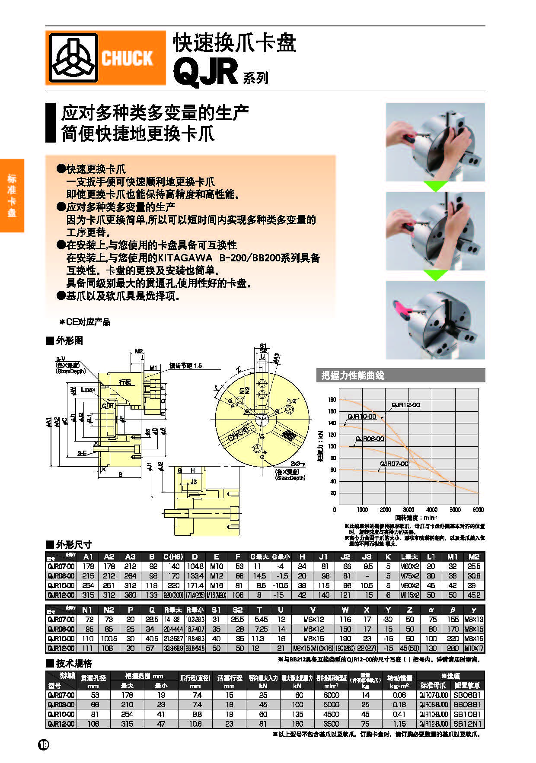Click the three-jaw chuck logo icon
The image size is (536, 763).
coord(73,58)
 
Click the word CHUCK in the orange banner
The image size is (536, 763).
coord(127,58)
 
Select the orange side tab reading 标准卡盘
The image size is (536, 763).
coord(12,195)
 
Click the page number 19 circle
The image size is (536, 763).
coord(44,744)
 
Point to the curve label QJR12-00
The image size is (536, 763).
coord(405,405)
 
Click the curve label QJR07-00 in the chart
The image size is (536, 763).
coord(394,464)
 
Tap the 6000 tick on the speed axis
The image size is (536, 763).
coord(478,510)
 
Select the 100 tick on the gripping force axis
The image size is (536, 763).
coord(332,446)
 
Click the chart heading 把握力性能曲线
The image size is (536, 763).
coord(353,375)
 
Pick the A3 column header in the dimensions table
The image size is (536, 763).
coord(130,557)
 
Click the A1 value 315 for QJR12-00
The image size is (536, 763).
coord(88,595)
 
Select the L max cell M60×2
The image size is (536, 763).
coord(409,566)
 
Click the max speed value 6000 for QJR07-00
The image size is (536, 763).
coord(331,695)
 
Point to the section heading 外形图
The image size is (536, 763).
coord(69,340)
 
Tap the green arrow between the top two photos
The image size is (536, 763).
coord(435,186)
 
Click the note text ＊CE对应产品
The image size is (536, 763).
coord(85,322)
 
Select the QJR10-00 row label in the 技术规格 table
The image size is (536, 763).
coord(61,714)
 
